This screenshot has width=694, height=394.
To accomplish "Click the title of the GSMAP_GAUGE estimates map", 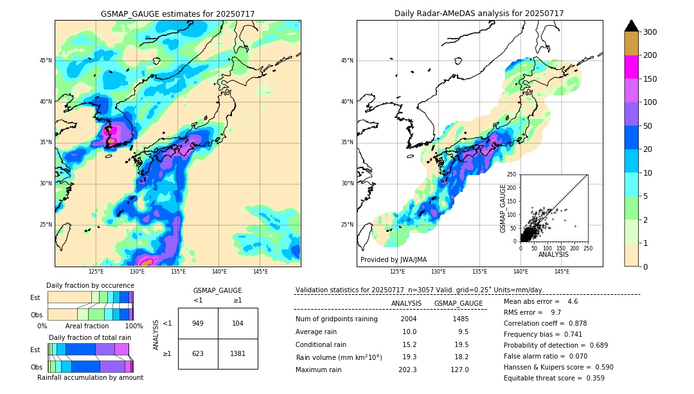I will tap(177, 14).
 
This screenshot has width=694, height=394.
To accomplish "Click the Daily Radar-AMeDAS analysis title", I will tap(479, 14).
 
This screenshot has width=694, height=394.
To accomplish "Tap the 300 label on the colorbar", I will tap(650, 32).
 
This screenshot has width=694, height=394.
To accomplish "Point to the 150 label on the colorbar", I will tap(650, 79).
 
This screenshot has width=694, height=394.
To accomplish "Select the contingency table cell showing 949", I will tap(198, 323).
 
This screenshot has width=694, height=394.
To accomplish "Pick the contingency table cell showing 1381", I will tap(238, 353).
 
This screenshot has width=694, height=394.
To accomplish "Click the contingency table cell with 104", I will tap(238, 323).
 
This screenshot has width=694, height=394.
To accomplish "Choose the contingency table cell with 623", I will tap(198, 353).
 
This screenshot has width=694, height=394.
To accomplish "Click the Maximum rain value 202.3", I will tap(409, 370).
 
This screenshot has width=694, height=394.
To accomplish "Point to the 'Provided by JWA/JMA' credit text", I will tap(393, 260).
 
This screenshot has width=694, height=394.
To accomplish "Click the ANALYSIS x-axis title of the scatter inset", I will tap(553, 254).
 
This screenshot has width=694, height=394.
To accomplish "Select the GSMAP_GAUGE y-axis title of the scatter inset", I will tap(504, 209).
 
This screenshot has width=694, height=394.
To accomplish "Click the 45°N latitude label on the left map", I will tap(45, 61).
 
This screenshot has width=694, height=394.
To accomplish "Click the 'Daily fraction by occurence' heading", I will tap(88, 285).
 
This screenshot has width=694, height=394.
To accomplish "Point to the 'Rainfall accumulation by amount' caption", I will tap(90, 378).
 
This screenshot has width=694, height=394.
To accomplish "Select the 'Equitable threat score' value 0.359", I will tap(593, 378).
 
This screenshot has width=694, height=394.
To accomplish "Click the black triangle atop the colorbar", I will tap(632, 26).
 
